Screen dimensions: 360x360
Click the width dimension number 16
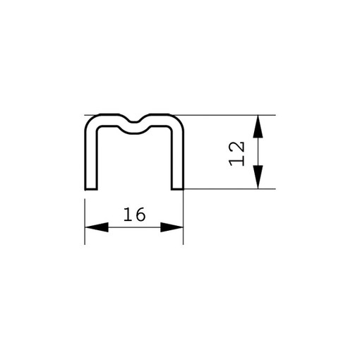pyautogui.click(x=135, y=215)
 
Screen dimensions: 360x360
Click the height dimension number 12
pyautogui.click(x=236, y=154)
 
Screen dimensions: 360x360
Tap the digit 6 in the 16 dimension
pyautogui.click(x=140, y=215)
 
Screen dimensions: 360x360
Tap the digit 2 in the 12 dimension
pyautogui.click(x=236, y=148)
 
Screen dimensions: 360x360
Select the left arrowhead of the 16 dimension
pyautogui.click(x=97, y=227)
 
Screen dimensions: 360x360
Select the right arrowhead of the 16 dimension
pyautogui.click(x=172, y=227)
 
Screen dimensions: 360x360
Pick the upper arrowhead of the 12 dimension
pyautogui.click(x=258, y=126)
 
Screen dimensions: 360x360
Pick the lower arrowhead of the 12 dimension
pyautogui.click(x=258, y=177)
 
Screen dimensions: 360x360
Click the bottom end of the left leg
pyautogui.click(x=91, y=189)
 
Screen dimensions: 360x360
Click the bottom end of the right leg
pyautogui.click(x=178, y=189)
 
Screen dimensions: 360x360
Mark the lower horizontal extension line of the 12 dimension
pyautogui.click(x=229, y=188)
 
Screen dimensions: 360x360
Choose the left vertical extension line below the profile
pyautogui.click(x=85, y=222)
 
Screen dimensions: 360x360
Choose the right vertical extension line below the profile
pyautogui.click(x=183, y=217)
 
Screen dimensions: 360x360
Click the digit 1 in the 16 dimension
pyautogui.click(x=128, y=215)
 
